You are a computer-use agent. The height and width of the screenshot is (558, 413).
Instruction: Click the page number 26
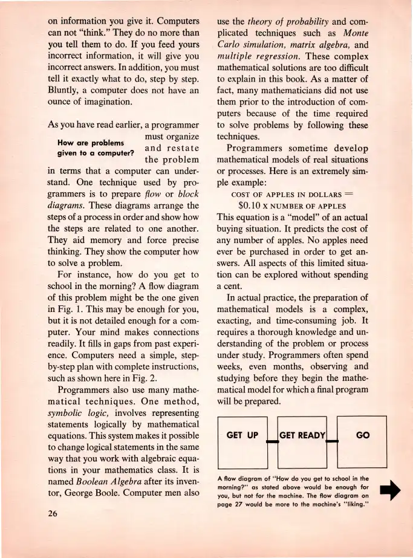tap(55, 514)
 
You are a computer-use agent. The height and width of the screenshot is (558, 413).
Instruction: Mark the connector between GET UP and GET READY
tap(273, 442)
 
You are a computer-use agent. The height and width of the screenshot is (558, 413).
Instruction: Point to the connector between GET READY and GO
tap(331, 442)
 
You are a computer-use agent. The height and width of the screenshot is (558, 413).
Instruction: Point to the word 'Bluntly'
tap(65, 88)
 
